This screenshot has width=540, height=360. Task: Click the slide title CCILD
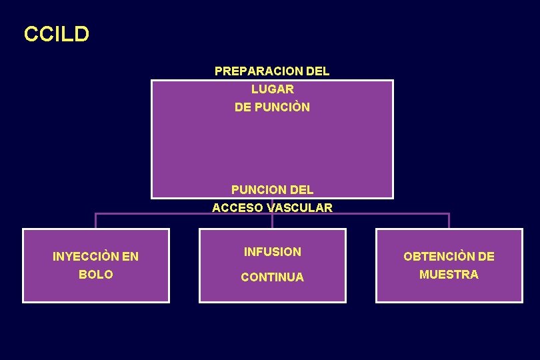56,34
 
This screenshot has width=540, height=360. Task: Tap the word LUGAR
272,89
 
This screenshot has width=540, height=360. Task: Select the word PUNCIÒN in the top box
282,107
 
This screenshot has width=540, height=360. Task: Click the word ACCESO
238,208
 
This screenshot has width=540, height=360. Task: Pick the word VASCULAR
299,208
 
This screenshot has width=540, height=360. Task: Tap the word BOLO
96,274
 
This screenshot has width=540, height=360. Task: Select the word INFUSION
273,252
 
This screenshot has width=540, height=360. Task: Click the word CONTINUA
272,277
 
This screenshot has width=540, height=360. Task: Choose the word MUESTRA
449,274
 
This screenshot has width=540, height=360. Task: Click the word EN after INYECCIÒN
131,256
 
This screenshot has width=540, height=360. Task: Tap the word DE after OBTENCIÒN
486,256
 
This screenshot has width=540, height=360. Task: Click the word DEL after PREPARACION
317,71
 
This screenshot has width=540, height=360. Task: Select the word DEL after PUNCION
299,190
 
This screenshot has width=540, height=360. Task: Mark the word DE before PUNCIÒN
243,107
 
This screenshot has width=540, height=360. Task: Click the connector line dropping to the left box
96,221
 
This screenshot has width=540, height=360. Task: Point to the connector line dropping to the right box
449,221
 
